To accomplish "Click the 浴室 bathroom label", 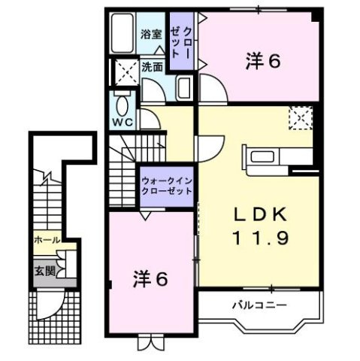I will coord(150,33).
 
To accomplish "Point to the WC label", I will coord(122,121).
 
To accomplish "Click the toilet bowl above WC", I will coord(122,102).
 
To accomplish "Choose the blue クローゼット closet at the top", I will coord(180,42).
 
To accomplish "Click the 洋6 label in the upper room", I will coord(262,62).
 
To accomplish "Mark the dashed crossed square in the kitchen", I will coord(301,117).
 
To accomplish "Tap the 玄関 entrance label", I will coord(43,271).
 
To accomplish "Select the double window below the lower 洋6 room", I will coord(150,342).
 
